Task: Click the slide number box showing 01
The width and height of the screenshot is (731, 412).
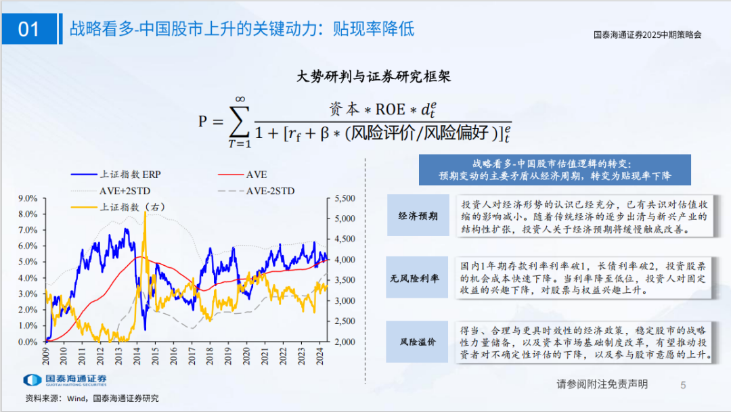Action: (x=29, y=29)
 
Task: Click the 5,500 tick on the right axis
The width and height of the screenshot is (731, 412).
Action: (x=340, y=198)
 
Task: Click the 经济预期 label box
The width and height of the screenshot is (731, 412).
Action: (x=417, y=216)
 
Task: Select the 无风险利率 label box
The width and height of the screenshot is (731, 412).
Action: (x=417, y=277)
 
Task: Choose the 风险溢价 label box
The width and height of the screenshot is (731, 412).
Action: (x=417, y=342)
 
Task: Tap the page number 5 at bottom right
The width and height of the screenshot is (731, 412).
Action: (x=683, y=385)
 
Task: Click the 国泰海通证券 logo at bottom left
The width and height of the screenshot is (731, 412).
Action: (x=66, y=380)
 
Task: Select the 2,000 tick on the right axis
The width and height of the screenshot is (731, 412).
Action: (x=340, y=342)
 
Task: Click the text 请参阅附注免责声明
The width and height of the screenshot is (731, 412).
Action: (x=602, y=384)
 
